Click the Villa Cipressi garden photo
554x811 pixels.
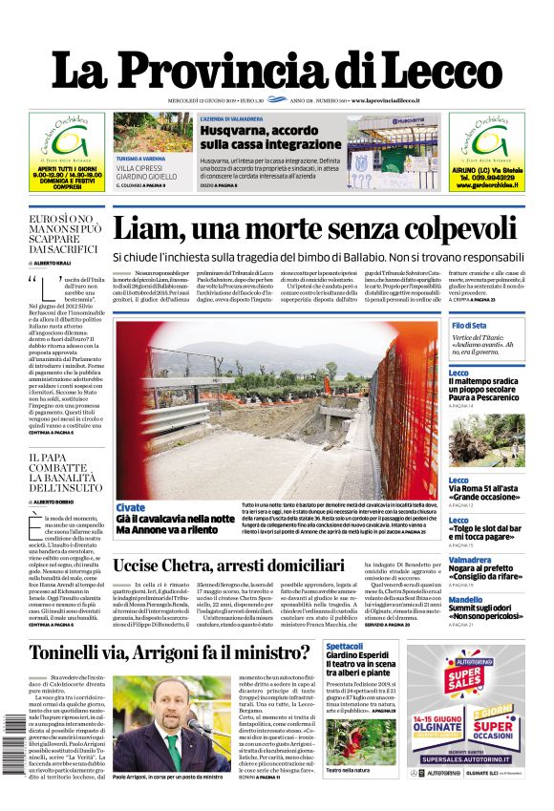152,132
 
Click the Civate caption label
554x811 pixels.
130,507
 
